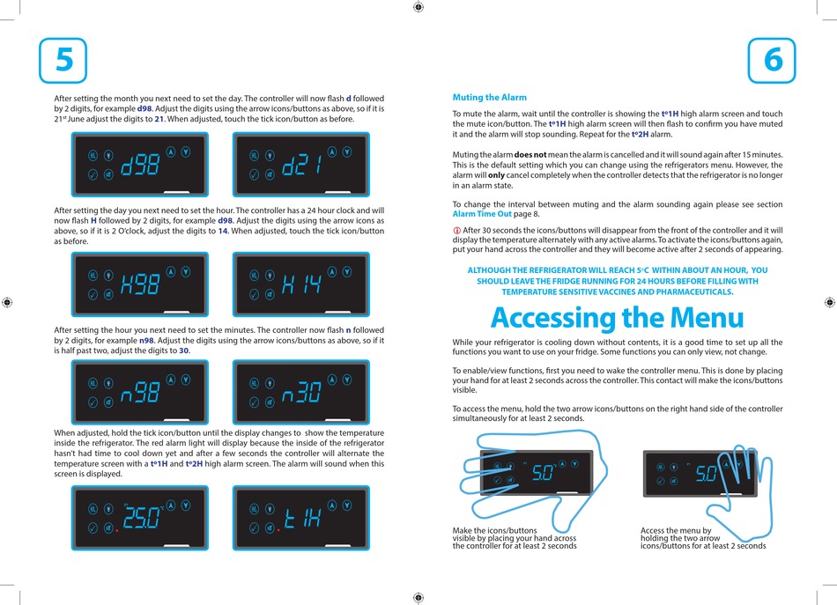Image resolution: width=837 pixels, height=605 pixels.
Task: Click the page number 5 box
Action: coord(63,60)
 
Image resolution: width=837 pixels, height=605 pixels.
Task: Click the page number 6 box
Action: coord(772,60)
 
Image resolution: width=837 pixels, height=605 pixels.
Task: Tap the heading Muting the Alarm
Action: coord(489,97)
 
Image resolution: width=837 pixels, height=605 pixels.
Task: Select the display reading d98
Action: coord(140,164)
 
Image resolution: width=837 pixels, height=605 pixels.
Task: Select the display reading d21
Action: coord(300,164)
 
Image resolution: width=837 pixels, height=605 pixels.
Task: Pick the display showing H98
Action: coord(140,284)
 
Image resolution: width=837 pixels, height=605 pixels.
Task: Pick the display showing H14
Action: coord(300,284)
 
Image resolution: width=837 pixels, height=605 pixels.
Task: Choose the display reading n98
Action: coord(140,391)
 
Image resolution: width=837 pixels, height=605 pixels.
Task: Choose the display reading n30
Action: coord(300,391)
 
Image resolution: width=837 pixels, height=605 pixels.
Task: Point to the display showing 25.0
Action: coord(140,519)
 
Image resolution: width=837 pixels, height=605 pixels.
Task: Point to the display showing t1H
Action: coord(300,519)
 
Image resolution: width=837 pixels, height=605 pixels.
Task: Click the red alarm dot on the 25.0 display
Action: coord(116,531)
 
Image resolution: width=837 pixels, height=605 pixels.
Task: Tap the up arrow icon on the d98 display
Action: coord(171,151)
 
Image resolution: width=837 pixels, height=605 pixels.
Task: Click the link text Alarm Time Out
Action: coord(482,214)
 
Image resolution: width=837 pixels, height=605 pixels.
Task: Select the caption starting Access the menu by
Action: coord(703,538)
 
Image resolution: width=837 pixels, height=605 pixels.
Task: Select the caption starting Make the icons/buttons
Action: coord(515,538)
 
